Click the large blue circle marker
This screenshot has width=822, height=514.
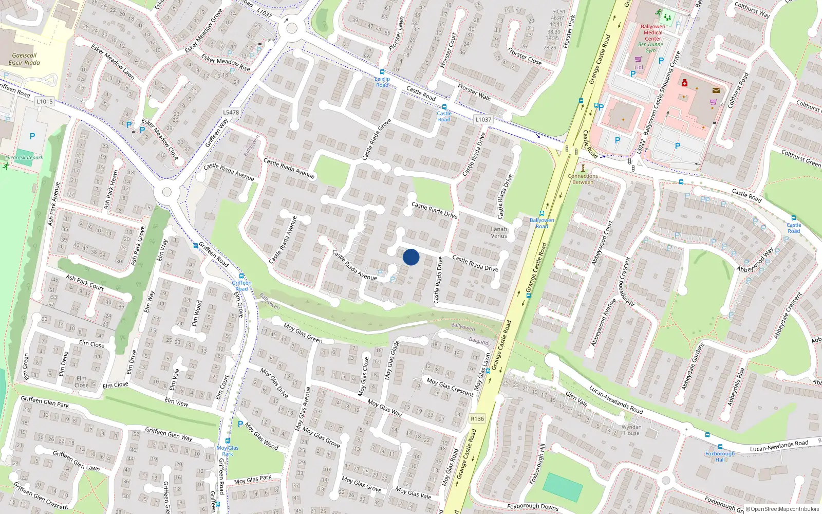pyautogui.click(x=411, y=257)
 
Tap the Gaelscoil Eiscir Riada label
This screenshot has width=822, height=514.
pyautogui.click(x=24, y=59)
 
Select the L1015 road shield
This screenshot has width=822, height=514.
pyautogui.click(x=45, y=101)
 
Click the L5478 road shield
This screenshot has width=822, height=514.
pyautogui.click(x=231, y=112)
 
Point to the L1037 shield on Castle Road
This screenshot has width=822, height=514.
pyautogui.click(x=483, y=119)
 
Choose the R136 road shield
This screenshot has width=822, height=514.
pyautogui.click(x=477, y=418)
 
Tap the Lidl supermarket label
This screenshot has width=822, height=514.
pyautogui.click(x=639, y=67)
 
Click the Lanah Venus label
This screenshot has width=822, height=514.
pyautogui.click(x=499, y=232)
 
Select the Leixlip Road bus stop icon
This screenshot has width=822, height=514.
pyautogui.click(x=382, y=72)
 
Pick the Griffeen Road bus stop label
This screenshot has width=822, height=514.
pyautogui.click(x=241, y=286)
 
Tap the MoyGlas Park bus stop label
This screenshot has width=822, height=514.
pyautogui.click(x=228, y=451)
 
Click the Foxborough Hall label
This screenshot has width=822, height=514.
pyautogui.click(x=720, y=456)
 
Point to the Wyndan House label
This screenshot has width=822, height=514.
pyautogui.click(x=631, y=430)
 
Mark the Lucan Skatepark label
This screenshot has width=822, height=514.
pyautogui.click(x=24, y=158)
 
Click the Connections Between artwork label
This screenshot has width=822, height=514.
pyautogui.click(x=583, y=179)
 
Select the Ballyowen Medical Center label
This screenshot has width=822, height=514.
pyautogui.click(x=653, y=32)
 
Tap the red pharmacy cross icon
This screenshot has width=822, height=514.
pyautogui.click(x=684, y=83)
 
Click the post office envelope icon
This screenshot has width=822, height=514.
pyautogui.click(x=716, y=90)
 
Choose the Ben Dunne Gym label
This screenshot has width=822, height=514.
pyautogui.click(x=650, y=47)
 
